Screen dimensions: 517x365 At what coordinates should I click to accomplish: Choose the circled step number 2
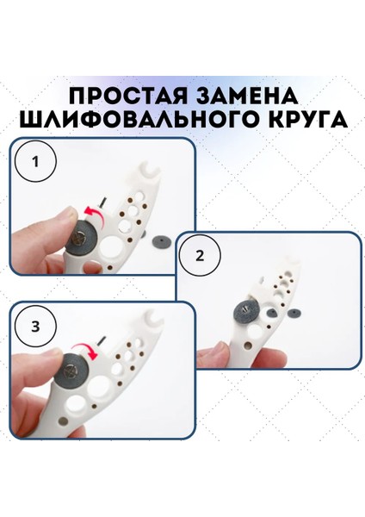(201, 256)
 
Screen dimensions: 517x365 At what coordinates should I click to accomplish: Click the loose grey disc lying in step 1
(164, 243)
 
